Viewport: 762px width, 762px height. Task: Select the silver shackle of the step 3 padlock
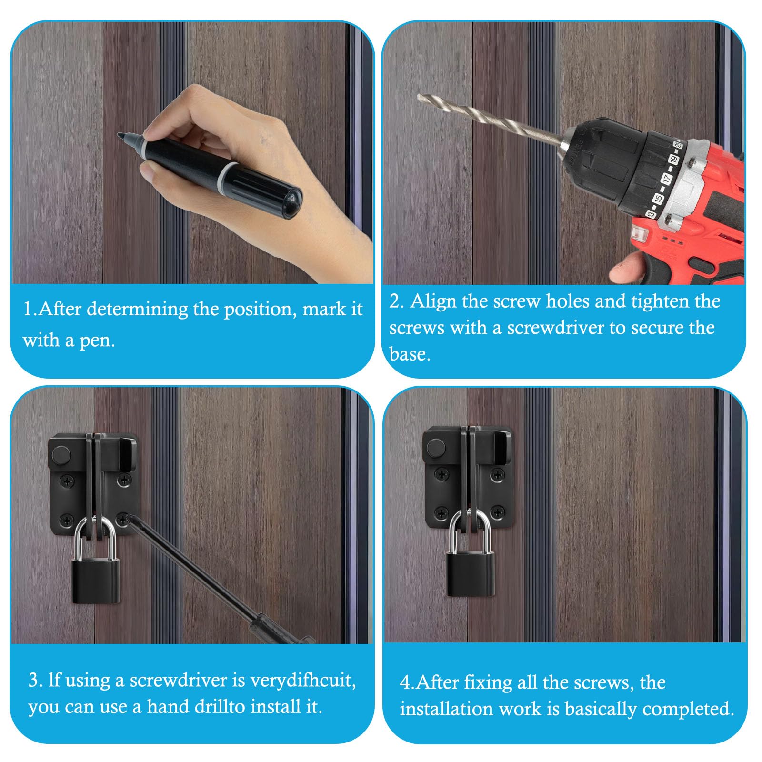coord(95,536)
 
